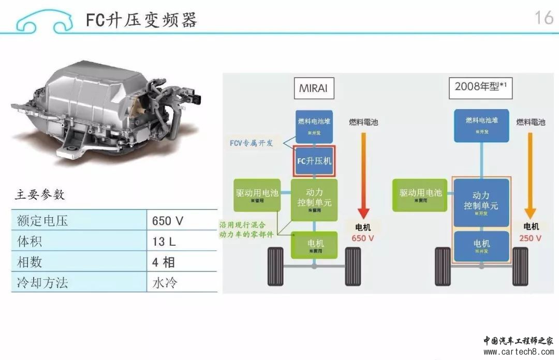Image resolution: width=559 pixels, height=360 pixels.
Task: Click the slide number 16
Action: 543,18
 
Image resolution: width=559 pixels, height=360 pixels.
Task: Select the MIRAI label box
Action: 313,87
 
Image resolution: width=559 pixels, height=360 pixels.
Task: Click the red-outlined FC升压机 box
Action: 314,161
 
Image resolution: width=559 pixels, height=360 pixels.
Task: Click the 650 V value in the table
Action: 168,221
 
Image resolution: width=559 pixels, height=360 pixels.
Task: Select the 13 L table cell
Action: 166,242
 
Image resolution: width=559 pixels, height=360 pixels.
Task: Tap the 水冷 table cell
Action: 165,282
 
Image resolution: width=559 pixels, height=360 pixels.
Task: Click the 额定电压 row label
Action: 42,221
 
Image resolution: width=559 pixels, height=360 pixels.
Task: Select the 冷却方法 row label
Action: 42,282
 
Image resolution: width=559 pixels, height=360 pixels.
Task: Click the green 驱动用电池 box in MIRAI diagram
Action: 257,194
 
